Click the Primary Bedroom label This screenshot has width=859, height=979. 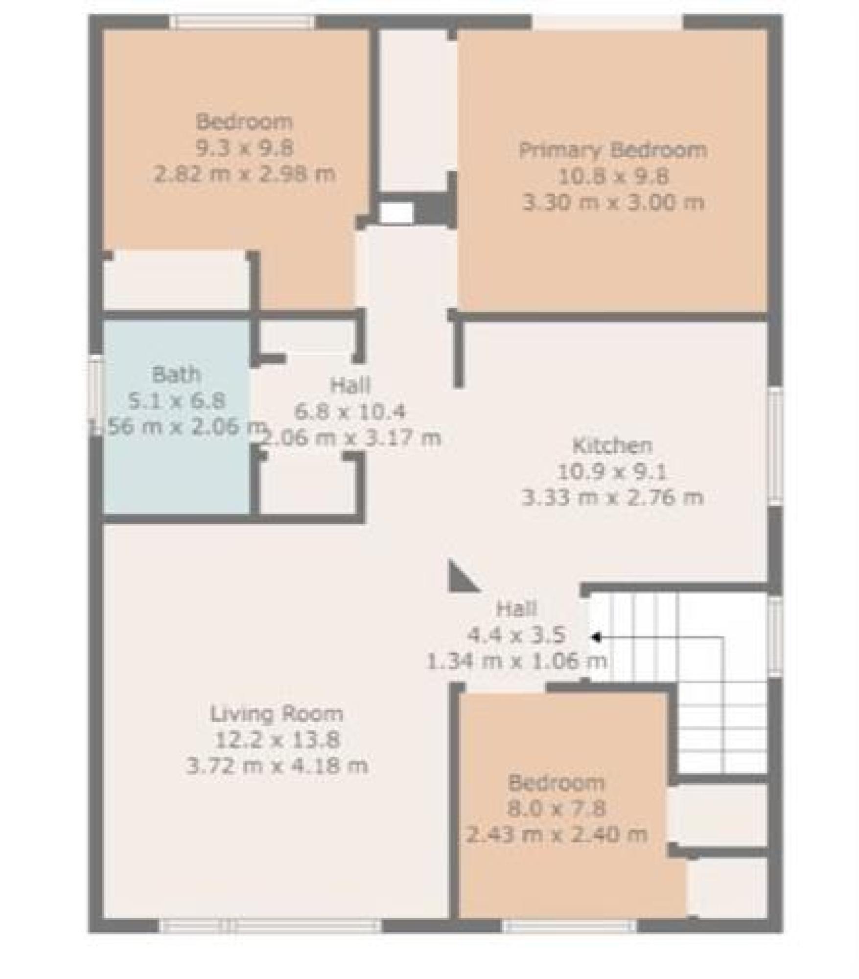pos(613,150)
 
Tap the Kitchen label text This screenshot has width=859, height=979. pos(612,445)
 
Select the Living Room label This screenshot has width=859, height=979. pos(277,714)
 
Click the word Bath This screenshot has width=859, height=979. pos(176,375)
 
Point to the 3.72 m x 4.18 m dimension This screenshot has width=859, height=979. pos(277,766)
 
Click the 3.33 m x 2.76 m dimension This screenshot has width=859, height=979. pos(612,498)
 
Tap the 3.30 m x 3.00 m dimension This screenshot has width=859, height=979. pos(613,202)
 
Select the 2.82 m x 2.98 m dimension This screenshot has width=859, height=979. pos(245,174)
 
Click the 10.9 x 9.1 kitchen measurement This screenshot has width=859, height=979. pos(612,472)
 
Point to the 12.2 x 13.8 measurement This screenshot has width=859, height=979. pos(277,740)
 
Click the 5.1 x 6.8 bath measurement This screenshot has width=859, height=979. pos(176,401)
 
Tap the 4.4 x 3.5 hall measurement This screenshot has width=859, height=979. pos(517,635)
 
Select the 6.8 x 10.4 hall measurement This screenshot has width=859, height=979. pos(350,412)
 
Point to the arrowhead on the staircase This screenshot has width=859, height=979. pos(596,637)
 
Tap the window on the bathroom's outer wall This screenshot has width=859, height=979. pos(96,396)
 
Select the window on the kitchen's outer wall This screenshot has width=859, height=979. pos(775,447)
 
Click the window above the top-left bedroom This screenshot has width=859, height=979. pos(242,22)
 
